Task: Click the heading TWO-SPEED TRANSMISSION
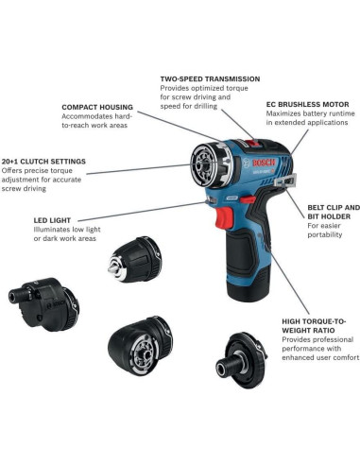[210, 78]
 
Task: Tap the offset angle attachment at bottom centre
[141, 347]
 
